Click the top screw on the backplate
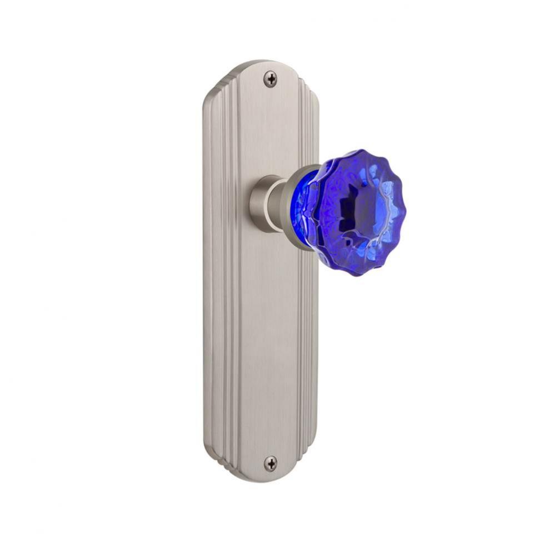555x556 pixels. pyautogui.click(x=270, y=79)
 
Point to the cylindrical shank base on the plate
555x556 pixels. pyautogui.click(x=262, y=203)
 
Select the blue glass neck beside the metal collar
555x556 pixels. pyautogui.click(x=309, y=209)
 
